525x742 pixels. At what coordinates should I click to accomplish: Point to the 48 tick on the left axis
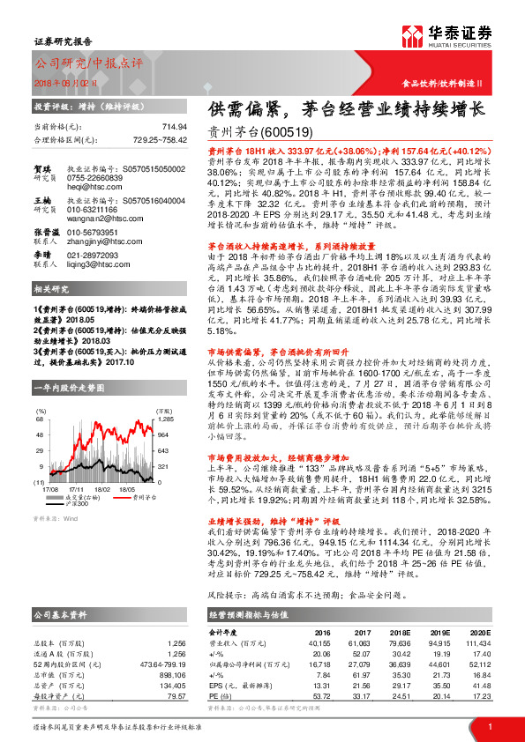click(41, 434)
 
